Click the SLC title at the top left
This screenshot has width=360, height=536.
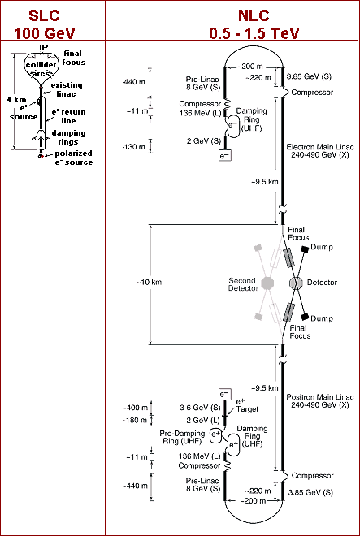click(44, 15)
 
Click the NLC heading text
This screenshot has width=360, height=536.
click(254, 15)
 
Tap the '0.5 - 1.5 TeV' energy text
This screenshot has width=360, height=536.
click(254, 33)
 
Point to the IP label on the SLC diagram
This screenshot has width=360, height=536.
click(41, 48)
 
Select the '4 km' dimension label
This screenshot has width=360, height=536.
click(15, 100)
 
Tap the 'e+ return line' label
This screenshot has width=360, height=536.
click(69, 116)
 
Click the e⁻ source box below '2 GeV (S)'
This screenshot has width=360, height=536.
click(225, 155)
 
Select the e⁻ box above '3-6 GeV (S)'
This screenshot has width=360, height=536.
click(225, 394)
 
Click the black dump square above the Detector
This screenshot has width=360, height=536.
click(305, 249)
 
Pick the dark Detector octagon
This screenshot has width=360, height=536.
click(296, 283)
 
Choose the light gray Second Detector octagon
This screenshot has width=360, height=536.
click(268, 283)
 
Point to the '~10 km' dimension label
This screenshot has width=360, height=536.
click(149, 283)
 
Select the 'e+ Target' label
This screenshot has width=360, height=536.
click(246, 405)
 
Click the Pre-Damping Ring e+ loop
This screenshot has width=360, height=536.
click(217, 436)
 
